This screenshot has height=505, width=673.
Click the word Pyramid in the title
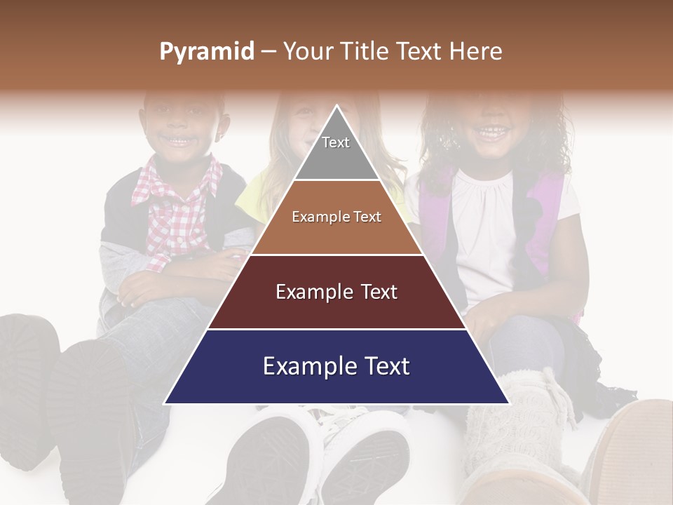pos(207,52)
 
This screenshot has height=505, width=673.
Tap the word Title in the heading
pos(366,52)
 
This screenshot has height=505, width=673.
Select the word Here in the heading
pos(476,52)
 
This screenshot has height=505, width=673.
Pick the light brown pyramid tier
pos(336,217)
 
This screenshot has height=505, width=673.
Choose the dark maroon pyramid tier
pos(336,292)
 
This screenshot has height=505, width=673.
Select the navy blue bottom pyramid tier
pos(336,367)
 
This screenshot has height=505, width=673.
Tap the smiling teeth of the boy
pos(182,140)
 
